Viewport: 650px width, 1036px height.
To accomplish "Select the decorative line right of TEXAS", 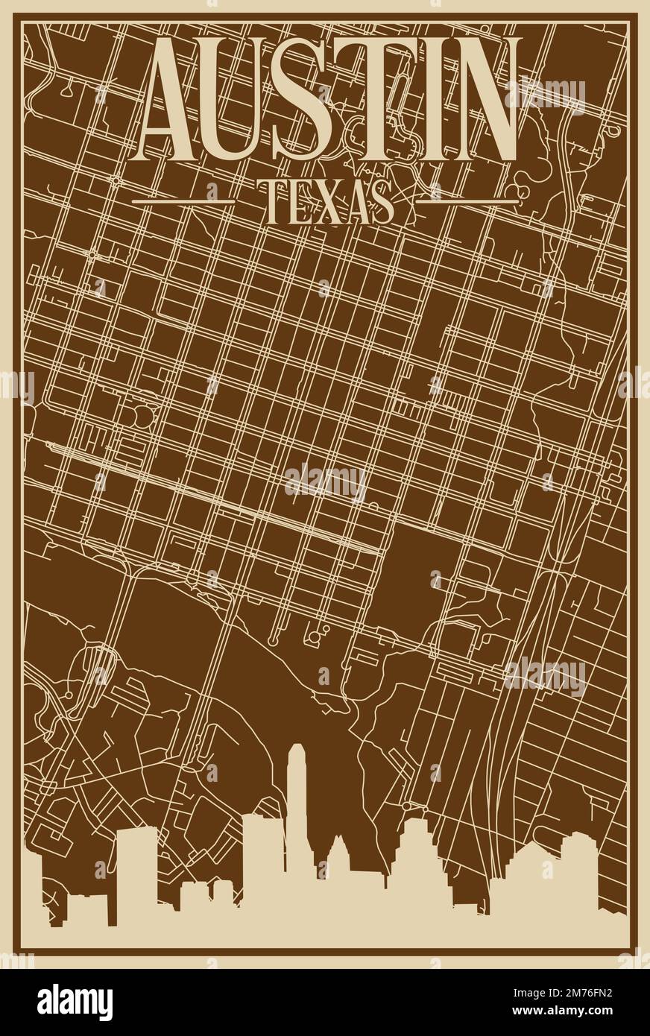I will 466,200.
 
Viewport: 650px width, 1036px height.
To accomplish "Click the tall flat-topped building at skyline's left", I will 136,865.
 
